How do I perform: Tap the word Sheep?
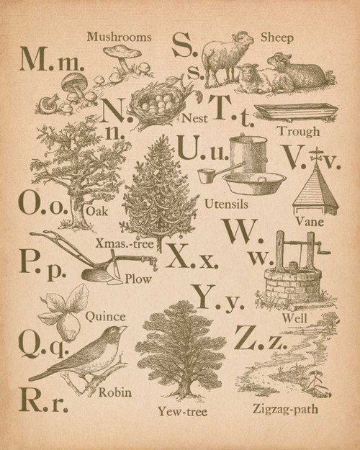click(x=276, y=37)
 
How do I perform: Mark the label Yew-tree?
click(x=180, y=411)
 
